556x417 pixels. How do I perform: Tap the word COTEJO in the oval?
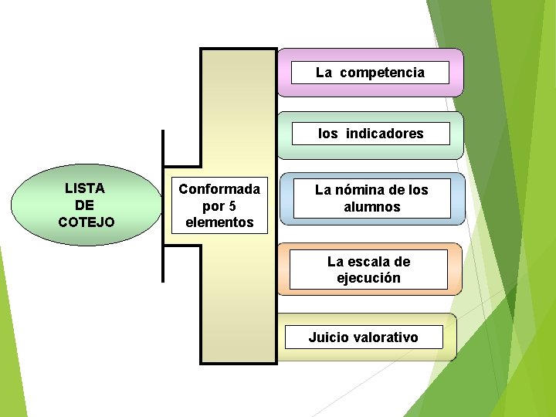point(86,222)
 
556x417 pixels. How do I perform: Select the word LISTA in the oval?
point(85,188)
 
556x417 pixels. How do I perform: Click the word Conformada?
point(219,189)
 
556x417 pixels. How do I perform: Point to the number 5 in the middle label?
point(232,206)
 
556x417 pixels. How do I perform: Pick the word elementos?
point(219,222)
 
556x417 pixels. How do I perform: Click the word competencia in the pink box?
point(381,73)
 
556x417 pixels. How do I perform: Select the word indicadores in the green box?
point(385,134)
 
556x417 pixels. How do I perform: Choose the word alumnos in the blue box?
point(372,207)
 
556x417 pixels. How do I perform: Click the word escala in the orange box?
point(369,262)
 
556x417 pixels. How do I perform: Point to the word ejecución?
point(368,278)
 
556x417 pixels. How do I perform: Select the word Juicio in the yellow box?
point(327,337)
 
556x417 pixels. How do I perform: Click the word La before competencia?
point(324,73)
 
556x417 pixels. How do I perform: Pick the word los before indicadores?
point(328,134)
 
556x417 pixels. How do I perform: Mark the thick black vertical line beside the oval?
point(163,206)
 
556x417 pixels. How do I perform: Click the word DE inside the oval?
point(85,205)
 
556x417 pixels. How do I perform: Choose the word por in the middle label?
point(212,206)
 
